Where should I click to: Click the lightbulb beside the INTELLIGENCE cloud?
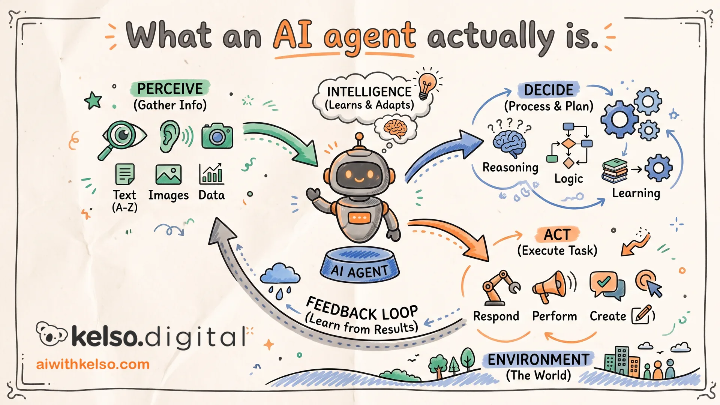coord(427,85)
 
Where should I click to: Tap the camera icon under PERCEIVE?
coord(217,136)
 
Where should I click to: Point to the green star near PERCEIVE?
coord(93,100)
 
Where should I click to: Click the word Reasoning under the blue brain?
coord(510,167)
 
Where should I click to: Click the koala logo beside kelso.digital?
coord(51,334)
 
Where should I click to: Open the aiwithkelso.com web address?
coord(93,364)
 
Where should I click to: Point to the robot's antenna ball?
coord(359,136)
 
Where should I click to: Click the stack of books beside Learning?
coord(615,171)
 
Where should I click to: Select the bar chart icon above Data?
coord(211,174)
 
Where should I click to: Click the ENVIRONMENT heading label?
coord(538,360)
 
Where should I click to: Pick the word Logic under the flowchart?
coord(568,179)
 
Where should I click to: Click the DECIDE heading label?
coord(549,90)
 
